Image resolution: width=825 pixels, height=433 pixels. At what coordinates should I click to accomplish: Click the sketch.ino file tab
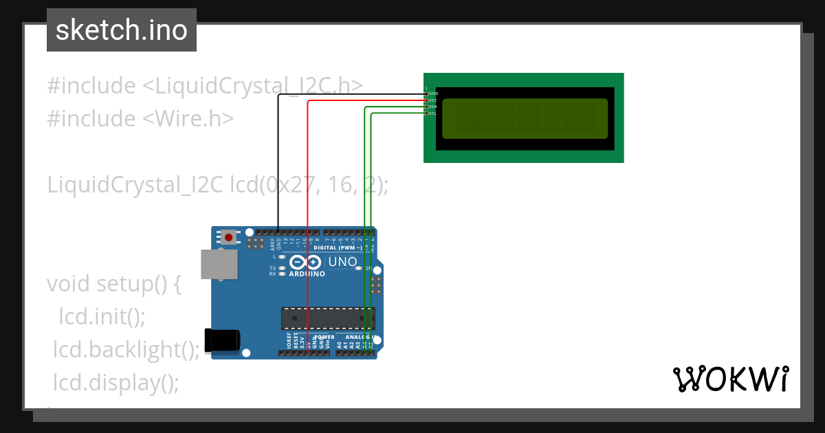pyautogui.click(x=122, y=30)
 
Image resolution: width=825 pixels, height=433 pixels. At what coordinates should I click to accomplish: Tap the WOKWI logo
pyautogui.click(x=730, y=379)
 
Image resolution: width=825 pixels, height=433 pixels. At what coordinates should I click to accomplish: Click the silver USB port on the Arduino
pyautogui.click(x=219, y=264)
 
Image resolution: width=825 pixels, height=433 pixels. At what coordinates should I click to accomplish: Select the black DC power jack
pyautogui.click(x=223, y=342)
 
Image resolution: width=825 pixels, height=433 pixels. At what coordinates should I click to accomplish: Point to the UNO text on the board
pyautogui.click(x=342, y=262)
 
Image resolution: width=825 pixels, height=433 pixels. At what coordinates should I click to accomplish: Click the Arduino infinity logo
pyautogui.click(x=305, y=262)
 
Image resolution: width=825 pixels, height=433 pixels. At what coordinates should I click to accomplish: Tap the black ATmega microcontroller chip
pyautogui.click(x=327, y=318)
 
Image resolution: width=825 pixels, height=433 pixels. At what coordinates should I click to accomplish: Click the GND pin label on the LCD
pyautogui.click(x=433, y=93)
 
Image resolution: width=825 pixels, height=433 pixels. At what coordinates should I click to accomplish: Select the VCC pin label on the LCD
pyautogui.click(x=433, y=100)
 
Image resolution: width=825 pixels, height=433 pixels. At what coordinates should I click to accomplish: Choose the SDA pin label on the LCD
pyautogui.click(x=433, y=107)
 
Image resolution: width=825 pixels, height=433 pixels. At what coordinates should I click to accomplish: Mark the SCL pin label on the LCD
pyautogui.click(x=433, y=113)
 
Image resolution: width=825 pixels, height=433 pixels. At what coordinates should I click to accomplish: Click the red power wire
pyautogui.click(x=308, y=206)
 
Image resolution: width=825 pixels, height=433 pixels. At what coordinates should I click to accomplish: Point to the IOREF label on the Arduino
pyautogui.click(x=288, y=342)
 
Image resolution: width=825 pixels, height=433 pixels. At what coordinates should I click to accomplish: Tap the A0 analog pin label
pyautogui.click(x=339, y=344)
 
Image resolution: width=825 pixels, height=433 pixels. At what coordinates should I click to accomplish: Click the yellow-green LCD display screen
pyautogui.click(x=525, y=118)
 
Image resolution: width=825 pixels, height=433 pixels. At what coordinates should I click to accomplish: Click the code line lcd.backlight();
pyautogui.click(x=126, y=350)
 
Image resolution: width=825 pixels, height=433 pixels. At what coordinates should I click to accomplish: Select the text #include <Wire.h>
pyautogui.click(x=140, y=118)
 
